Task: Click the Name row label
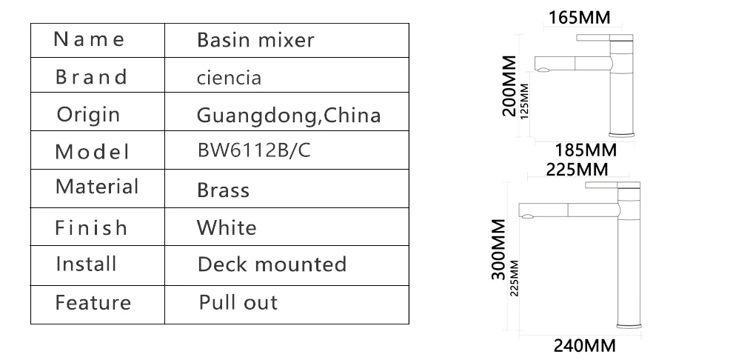tap(90, 39)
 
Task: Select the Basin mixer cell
tap(255, 40)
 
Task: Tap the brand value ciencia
tap(229, 78)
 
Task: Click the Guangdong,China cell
tap(289, 116)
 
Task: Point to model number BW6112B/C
tap(254, 150)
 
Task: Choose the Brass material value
tap(223, 190)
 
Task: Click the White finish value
tap(227, 227)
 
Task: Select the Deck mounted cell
tap(272, 264)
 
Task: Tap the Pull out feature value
tap(238, 302)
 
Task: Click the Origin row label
tap(88, 115)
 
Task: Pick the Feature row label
tap(93, 302)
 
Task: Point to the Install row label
tap(86, 264)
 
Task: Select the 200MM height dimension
tap(509, 86)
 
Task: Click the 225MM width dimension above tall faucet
tap(577, 170)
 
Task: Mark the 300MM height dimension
tap(499, 249)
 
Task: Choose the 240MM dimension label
tap(585, 345)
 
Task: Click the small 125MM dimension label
tap(525, 99)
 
